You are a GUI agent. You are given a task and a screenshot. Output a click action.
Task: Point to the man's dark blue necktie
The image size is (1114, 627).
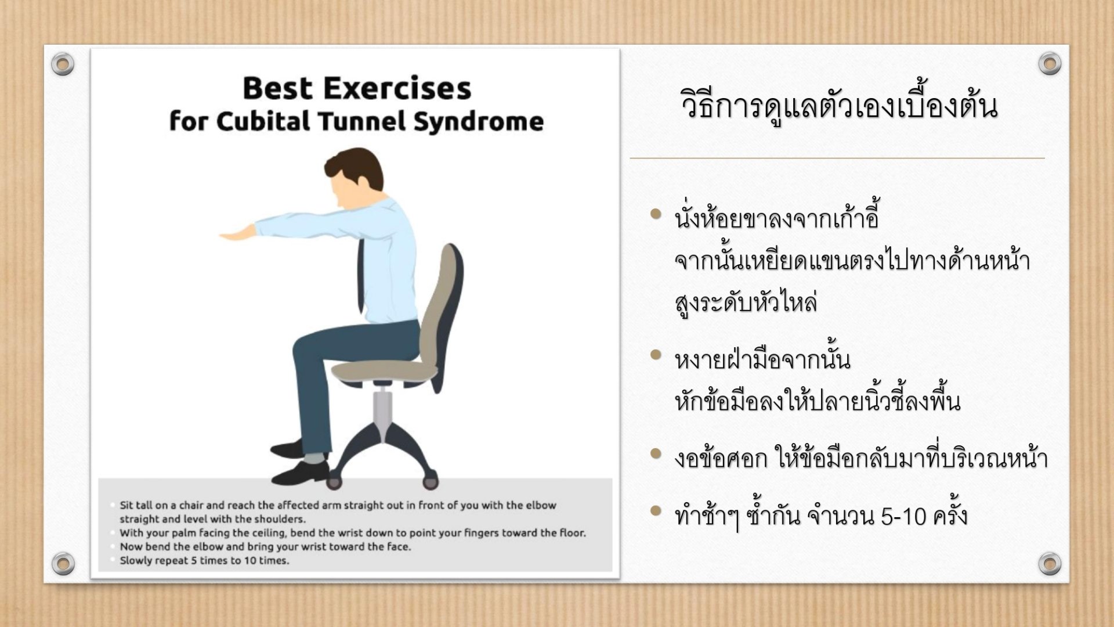[x=361, y=276]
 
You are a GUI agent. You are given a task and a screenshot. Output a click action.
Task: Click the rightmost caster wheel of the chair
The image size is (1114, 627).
[x=431, y=482]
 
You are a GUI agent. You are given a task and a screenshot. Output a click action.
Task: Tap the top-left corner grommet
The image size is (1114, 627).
[x=63, y=63]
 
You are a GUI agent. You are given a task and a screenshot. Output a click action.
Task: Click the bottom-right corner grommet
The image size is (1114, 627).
[x=1050, y=563]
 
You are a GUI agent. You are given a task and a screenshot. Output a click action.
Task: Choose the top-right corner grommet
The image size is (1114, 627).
[x=1050, y=63]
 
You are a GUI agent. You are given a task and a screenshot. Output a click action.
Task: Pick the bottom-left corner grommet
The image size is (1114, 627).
[x=63, y=563]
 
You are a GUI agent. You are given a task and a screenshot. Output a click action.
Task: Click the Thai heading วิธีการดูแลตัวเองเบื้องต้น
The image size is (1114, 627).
[x=839, y=106]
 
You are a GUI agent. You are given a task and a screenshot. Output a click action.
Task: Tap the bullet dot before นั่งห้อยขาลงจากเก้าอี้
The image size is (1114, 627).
[x=656, y=214]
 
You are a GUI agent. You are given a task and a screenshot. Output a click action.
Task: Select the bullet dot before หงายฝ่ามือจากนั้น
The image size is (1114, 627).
[x=656, y=355]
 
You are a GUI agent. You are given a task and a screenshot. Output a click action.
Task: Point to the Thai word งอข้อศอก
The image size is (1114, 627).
[x=721, y=459]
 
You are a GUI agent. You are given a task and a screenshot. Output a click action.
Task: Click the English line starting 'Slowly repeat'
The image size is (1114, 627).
[x=204, y=561]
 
